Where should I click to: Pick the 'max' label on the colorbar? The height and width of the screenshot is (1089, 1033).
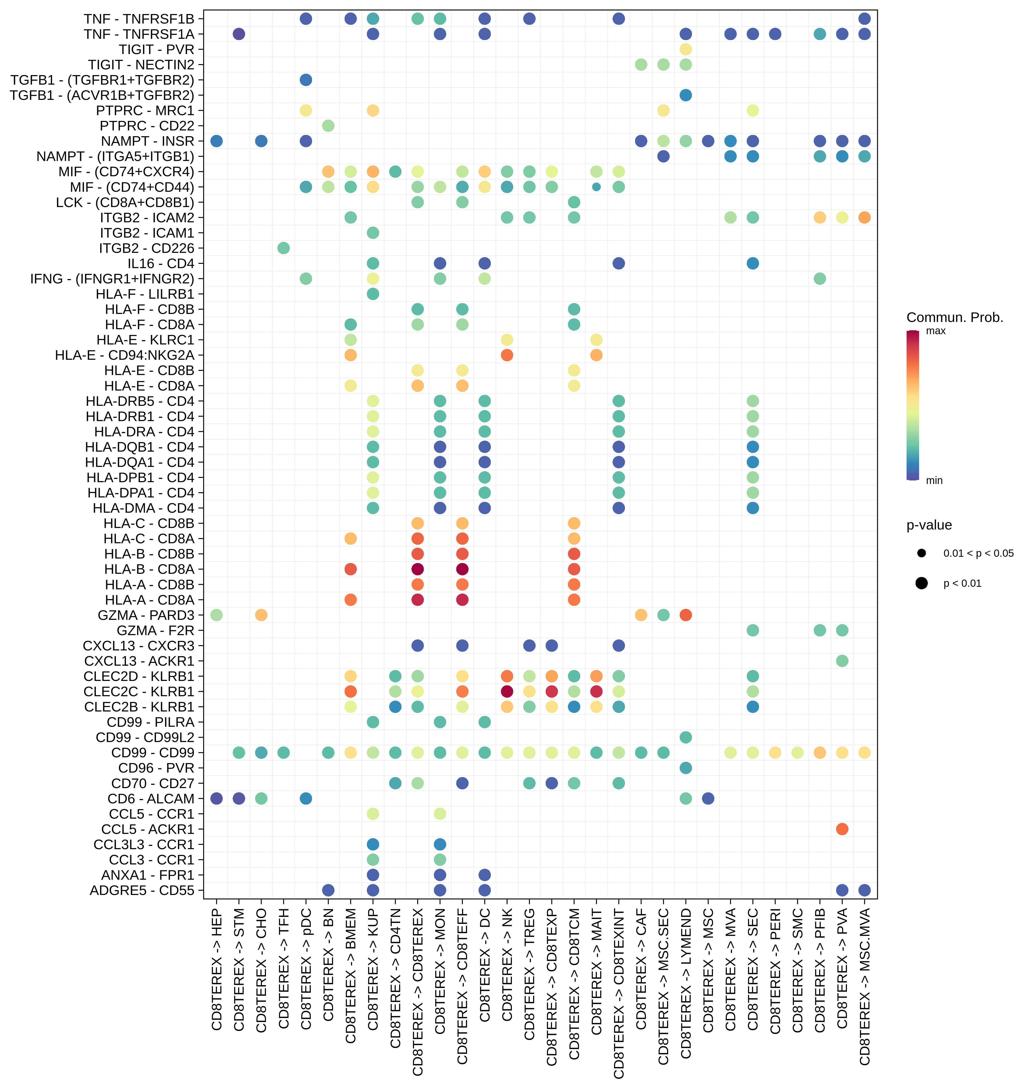tap(936, 331)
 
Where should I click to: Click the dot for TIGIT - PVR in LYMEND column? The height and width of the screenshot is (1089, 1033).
tap(686, 50)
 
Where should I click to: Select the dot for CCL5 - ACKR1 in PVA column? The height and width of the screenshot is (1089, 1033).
tap(842, 829)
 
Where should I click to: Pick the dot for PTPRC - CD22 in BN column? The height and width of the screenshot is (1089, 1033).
tap(328, 126)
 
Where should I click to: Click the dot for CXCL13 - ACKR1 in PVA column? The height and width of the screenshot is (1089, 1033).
tap(842, 661)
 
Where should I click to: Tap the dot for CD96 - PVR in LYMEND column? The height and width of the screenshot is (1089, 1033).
tap(686, 768)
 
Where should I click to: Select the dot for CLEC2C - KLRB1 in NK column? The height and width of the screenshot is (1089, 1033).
tap(507, 691)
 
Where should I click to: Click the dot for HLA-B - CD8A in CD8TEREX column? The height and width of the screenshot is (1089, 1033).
tap(417, 569)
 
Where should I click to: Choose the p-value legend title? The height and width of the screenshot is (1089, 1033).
tap(929, 525)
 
